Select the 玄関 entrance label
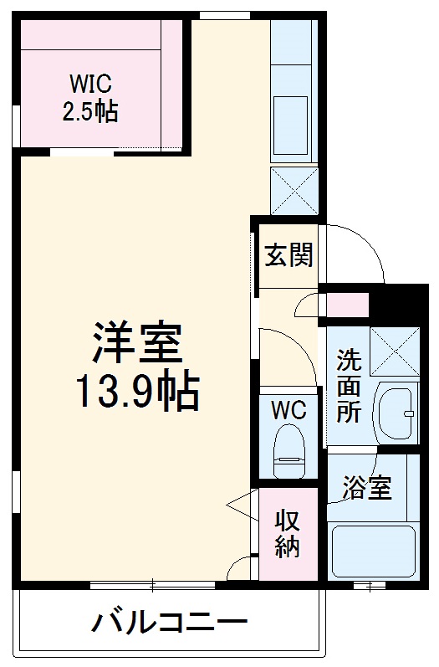288,255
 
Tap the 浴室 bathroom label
366,487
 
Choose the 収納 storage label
288,533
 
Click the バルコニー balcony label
169,623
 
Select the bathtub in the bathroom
373,552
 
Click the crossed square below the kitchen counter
294,190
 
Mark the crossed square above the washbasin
394,350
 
